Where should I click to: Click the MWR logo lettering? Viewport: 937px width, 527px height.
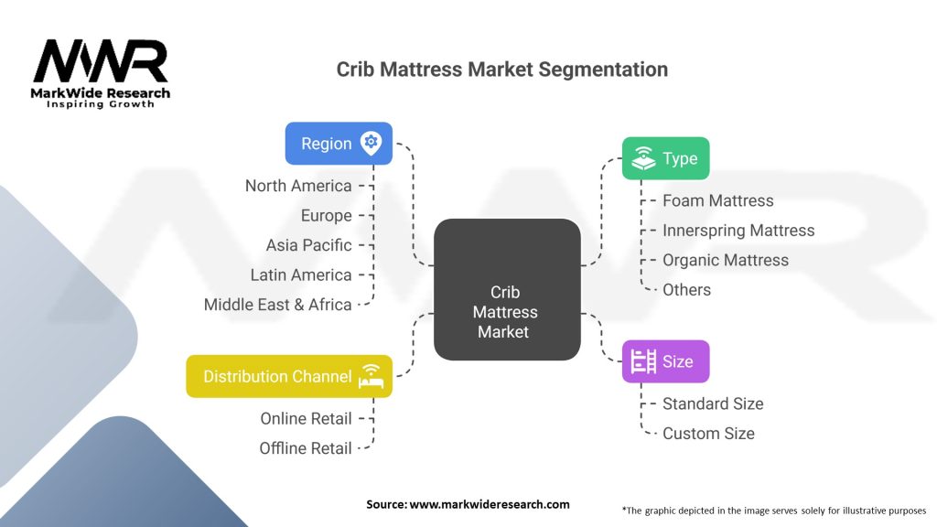(101, 61)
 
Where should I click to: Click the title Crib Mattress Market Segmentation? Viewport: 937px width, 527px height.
(502, 70)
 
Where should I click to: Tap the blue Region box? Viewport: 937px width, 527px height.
(339, 144)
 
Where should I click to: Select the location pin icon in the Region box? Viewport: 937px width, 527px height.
(372, 144)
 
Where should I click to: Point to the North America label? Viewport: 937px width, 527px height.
(298, 186)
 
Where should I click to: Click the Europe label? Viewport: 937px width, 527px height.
(327, 215)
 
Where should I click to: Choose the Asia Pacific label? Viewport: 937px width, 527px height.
(309, 245)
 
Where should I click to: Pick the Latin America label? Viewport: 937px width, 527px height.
(300, 274)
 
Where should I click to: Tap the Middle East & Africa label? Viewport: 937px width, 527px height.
(277, 305)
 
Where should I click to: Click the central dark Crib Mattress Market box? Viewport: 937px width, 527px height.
(507, 289)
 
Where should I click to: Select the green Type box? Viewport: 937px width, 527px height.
(666, 158)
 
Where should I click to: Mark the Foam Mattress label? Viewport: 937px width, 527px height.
(717, 200)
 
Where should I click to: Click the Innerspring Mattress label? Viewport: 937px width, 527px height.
(738, 231)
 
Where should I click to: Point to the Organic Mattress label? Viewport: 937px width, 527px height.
(726, 261)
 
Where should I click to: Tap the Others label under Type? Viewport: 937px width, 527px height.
(686, 290)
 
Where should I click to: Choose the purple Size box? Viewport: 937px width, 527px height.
(666, 361)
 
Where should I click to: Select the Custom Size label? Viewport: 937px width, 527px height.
(708, 433)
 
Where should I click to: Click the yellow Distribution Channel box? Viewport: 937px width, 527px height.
(289, 376)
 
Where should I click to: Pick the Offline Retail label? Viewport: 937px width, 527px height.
(306, 448)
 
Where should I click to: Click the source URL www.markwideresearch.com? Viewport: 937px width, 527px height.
(490, 504)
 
